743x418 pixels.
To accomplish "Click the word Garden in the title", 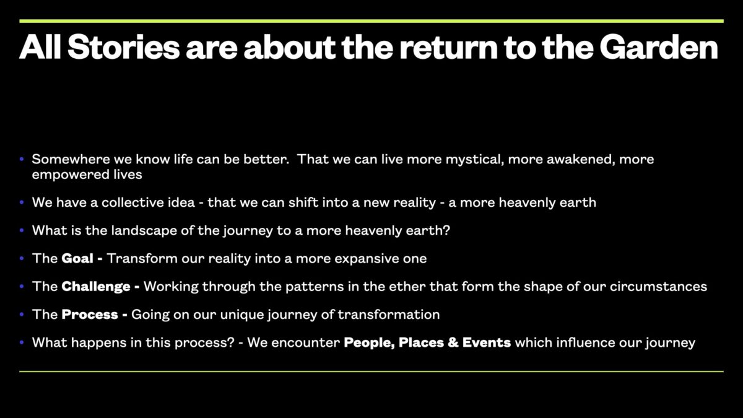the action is [x=659, y=48].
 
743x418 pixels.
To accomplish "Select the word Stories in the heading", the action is [x=124, y=48].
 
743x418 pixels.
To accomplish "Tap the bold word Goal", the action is [x=77, y=258].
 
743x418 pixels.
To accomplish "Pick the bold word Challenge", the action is [x=96, y=287].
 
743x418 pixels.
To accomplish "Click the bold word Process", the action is [x=90, y=315].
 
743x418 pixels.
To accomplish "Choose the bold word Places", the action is [x=421, y=342].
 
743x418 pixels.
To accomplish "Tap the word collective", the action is [x=148, y=202].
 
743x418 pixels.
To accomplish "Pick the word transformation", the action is [x=389, y=315].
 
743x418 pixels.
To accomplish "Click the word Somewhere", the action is [x=71, y=159].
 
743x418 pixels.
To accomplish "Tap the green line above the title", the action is [x=371, y=21].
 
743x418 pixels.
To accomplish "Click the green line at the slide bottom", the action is [x=371, y=372].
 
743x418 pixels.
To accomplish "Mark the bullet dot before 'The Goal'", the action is [x=22, y=258].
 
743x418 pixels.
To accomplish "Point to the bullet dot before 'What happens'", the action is [x=22, y=342].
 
